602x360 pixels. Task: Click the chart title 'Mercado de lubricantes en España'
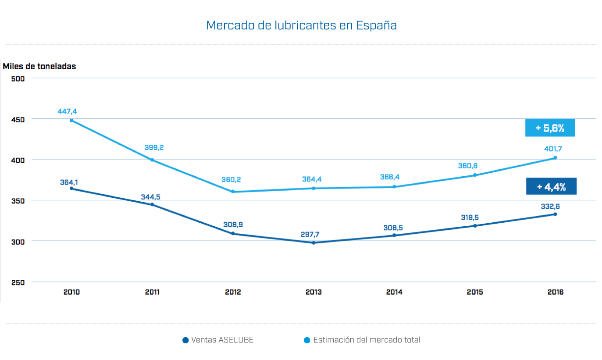[x=301, y=25]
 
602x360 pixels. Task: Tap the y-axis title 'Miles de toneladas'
[x=39, y=67]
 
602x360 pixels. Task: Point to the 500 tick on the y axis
[x=18, y=78]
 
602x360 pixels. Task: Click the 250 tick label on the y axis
[x=18, y=282]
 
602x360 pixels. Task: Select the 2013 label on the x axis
[x=313, y=292]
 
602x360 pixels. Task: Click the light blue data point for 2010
[x=71, y=121]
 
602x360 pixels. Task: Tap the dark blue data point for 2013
[x=313, y=242]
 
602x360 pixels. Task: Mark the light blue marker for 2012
[x=233, y=192]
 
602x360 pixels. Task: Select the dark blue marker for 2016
[x=555, y=214]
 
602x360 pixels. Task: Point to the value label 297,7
[x=310, y=234]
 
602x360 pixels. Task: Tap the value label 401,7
[x=553, y=149]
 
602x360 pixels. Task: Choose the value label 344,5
[x=150, y=197]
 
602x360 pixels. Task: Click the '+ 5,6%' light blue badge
[x=550, y=128]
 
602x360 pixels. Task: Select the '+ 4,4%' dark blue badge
[x=551, y=186]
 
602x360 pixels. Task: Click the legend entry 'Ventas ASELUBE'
[x=218, y=340]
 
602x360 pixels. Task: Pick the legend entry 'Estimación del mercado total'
[x=362, y=340]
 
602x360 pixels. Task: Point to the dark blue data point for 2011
[x=152, y=204]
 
